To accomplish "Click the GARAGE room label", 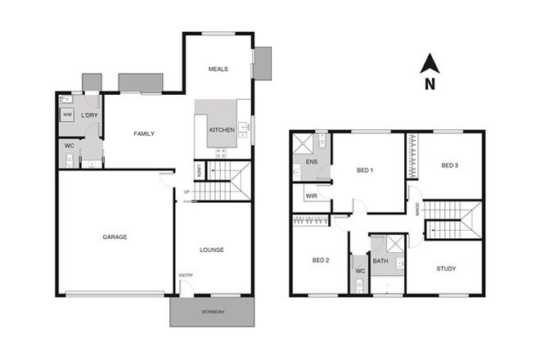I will click(x=115, y=236).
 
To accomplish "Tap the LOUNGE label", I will click(x=212, y=250).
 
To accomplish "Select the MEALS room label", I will click(x=218, y=70).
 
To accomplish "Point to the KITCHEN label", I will click(x=222, y=130).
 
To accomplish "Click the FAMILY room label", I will click(x=144, y=133).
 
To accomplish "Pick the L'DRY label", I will click(x=89, y=115).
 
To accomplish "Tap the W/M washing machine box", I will click(x=67, y=115).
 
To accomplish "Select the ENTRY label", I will click(x=185, y=275).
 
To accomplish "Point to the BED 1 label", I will click(x=365, y=170).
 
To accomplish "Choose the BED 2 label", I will click(x=320, y=260).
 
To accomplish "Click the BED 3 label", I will click(x=449, y=165).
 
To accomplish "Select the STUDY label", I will click(x=446, y=268).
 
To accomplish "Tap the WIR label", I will click(x=311, y=196).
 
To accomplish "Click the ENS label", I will click(x=311, y=163).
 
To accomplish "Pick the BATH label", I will click(x=380, y=261).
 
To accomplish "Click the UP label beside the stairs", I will click(x=187, y=192).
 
